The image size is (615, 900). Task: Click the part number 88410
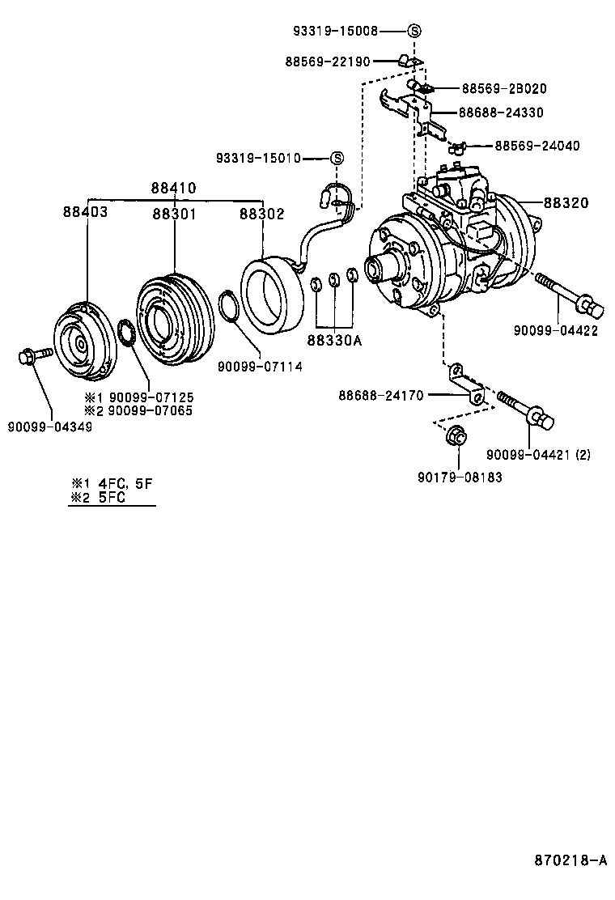point(173,188)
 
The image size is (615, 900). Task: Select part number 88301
point(175,213)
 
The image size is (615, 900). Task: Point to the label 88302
point(261,213)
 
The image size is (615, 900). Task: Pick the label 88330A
point(333,341)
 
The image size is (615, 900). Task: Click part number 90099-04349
point(50,427)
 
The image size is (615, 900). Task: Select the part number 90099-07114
point(260,367)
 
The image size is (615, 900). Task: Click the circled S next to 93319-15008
point(414,31)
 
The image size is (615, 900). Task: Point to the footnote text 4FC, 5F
point(125,483)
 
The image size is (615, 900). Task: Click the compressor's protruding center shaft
point(378,269)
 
